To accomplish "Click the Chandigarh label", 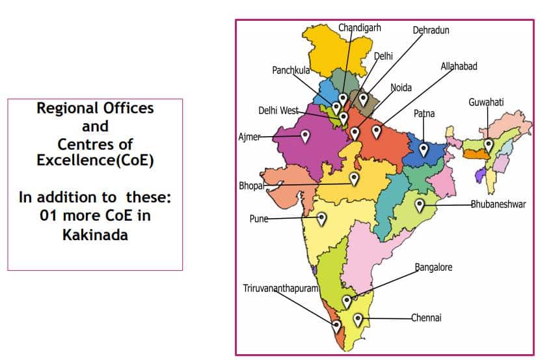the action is point(359,27).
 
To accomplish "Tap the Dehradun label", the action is point(431,30).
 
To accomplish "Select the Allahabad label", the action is point(459,66).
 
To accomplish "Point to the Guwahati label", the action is point(486,102).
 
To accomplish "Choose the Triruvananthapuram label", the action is point(280,288).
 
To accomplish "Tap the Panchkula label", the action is point(291,70).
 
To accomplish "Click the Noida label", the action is point(401,88).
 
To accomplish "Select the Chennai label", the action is point(426,318).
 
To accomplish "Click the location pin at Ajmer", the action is point(304,136).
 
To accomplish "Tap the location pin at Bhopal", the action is point(354,178).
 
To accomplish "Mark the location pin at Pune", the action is point(321,219).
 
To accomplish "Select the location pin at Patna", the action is point(424,149).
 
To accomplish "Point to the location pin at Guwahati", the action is point(489,145).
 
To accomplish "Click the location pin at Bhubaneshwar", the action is point(420,205).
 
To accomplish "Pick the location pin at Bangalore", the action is point(347,301).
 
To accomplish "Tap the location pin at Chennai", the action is point(358,319).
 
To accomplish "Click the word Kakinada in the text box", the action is point(95,234).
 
